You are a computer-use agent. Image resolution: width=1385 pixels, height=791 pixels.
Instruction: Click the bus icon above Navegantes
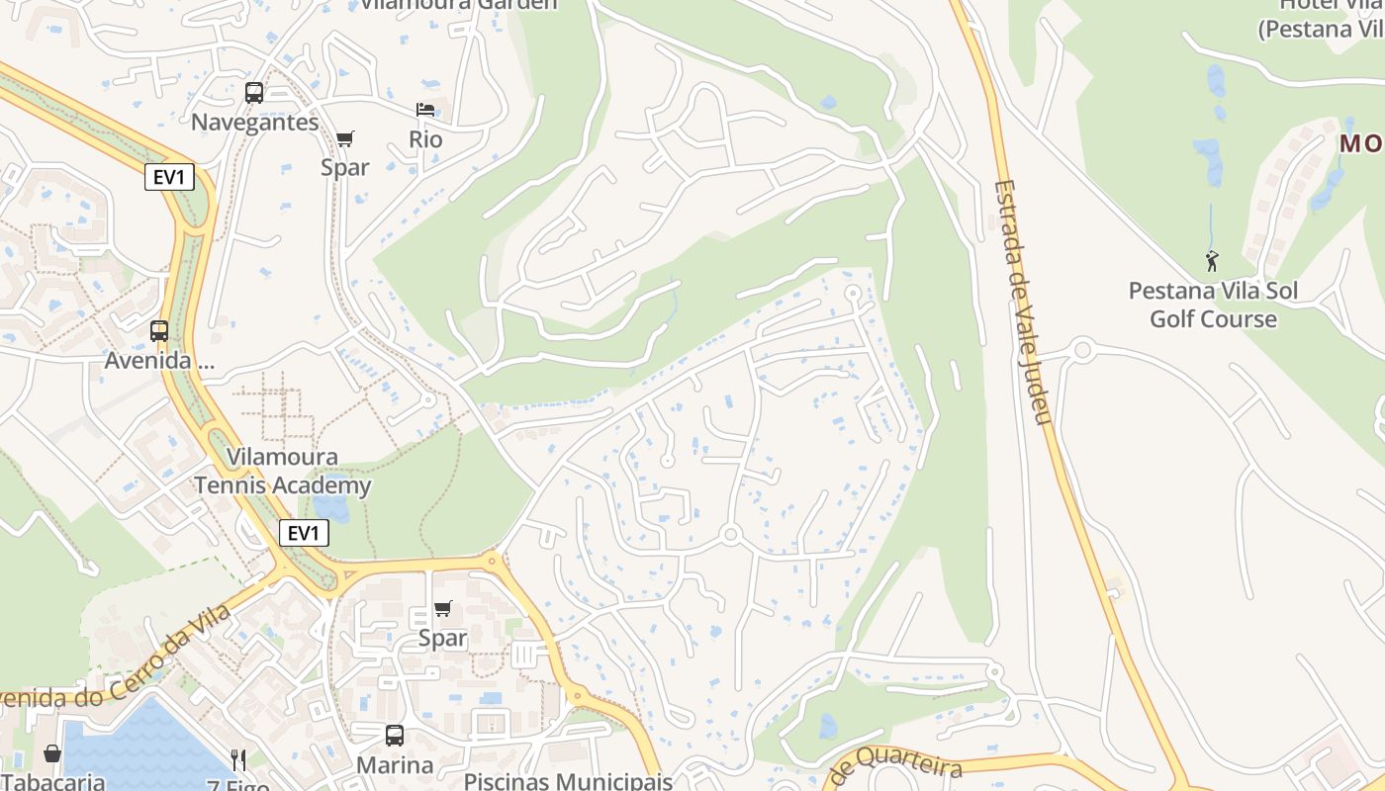pos(254,93)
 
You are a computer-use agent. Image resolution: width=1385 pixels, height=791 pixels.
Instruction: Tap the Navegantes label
pos(255,123)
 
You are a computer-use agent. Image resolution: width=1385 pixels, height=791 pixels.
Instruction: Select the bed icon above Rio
pos(425,110)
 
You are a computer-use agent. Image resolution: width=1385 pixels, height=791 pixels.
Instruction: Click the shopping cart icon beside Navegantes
pos(344,139)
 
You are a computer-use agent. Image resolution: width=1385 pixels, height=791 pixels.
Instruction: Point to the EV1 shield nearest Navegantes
pos(169,178)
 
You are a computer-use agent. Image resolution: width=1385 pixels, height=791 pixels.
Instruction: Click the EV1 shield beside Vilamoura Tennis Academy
pos(304,534)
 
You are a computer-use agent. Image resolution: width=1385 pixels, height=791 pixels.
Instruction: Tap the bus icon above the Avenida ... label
pos(159,331)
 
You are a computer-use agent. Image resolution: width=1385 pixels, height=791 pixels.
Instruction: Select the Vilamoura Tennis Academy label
pos(283,472)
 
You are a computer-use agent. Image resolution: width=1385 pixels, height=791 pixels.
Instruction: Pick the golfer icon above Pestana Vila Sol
pos(1212,262)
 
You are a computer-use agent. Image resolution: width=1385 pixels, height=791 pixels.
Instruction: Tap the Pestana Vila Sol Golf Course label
pos(1213,306)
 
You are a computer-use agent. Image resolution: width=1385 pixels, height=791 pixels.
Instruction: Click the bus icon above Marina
pos(395,736)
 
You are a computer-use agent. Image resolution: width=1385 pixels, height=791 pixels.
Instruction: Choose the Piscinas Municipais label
pos(568,781)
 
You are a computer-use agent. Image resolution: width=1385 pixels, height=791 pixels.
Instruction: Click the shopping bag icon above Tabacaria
pos(52,754)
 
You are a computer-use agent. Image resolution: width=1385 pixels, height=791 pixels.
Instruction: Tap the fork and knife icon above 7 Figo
pos(238,760)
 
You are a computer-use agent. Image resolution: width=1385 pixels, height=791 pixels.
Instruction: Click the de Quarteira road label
pos(896,768)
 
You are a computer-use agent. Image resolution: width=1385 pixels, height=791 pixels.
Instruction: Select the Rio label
pos(425,139)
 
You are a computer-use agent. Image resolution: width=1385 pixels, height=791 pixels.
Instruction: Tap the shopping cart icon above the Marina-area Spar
pos(443,609)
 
